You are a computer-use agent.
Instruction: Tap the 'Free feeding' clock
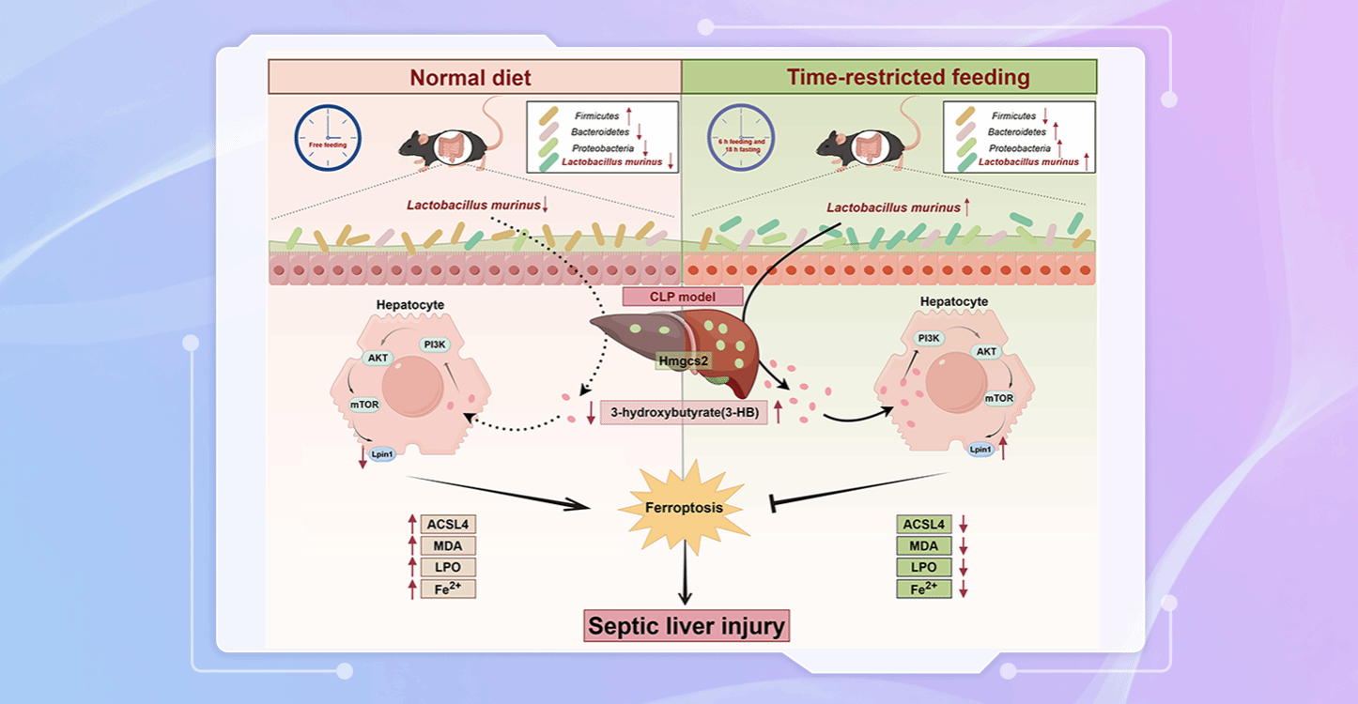(x=327, y=137)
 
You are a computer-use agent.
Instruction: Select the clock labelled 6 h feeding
(x=741, y=137)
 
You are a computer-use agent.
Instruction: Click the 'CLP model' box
(x=683, y=298)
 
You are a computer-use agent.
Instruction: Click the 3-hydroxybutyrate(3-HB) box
(x=683, y=412)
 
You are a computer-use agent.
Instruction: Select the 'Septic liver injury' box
(x=687, y=625)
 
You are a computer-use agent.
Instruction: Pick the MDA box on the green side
(x=924, y=546)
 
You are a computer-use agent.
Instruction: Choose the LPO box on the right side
(x=924, y=568)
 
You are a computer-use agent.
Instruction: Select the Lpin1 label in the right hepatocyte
(x=980, y=450)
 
